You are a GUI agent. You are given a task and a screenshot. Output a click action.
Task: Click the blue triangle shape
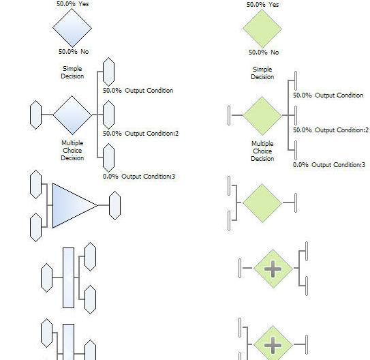coord(71,205)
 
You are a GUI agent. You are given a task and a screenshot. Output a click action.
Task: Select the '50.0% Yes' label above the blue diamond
coord(73,4)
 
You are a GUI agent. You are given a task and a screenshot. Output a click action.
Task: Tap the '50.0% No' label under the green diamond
coord(264,52)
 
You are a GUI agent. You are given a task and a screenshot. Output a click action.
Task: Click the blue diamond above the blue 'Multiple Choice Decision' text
coord(72,115)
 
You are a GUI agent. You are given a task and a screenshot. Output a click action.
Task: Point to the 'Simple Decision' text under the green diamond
coord(262,73)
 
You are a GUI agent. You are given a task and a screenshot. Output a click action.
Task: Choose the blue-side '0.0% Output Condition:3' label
coord(139,177)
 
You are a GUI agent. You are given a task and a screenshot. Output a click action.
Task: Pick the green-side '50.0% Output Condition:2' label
coord(330,130)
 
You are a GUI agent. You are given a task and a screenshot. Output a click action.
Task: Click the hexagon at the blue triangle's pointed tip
coord(115,205)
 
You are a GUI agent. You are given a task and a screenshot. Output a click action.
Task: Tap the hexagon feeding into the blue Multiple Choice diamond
coord(36,115)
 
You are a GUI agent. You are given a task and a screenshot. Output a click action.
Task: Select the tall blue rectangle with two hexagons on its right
coord(68,277)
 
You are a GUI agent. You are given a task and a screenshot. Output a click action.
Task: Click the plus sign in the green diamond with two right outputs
coord(273,269)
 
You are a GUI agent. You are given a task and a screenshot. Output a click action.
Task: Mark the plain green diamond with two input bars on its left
coord(262,202)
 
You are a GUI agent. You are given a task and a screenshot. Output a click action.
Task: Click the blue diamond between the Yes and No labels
coord(72,28)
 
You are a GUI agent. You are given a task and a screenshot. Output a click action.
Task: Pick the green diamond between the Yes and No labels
coord(262,29)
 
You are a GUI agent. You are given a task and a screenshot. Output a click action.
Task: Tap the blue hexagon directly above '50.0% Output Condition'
coord(109,72)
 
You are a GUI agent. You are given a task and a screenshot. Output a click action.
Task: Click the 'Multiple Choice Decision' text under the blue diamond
coord(72,151)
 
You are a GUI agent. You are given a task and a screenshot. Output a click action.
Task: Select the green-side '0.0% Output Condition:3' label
coord(329,164)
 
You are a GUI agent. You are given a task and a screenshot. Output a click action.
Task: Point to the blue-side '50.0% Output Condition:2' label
coord(140,134)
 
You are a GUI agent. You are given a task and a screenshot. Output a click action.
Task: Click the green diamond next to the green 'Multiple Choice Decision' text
coord(262,116)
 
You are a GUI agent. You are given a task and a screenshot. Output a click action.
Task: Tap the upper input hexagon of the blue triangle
coord(36,184)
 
